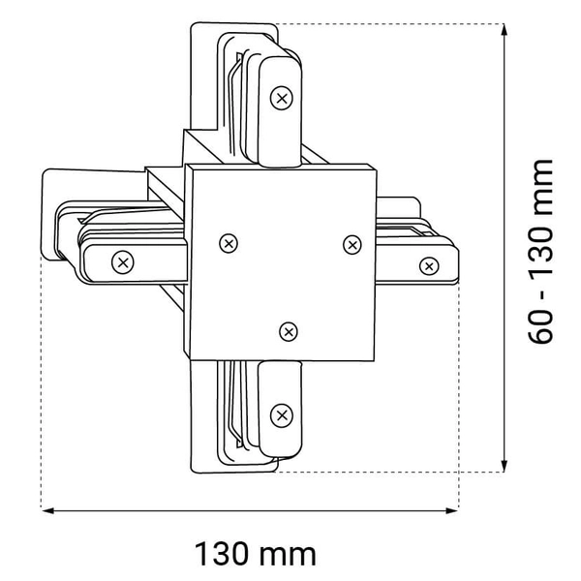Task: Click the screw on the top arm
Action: tap(282, 97)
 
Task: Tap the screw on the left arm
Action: tap(122, 260)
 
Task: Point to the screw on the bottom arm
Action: tap(282, 415)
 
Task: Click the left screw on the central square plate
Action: tap(229, 243)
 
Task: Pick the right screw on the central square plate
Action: tap(352, 244)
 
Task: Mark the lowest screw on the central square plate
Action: tap(288, 332)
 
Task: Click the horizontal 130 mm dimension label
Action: tap(256, 554)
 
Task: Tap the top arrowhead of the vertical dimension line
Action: tap(504, 30)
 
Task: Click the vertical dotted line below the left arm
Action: tap(41, 387)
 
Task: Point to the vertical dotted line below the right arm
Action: tap(459, 387)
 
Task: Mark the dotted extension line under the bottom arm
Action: tap(387, 473)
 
